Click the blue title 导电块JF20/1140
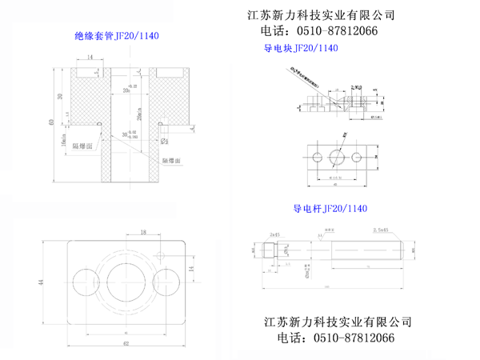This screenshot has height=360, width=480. (301, 49)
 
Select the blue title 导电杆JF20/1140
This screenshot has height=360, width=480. (330, 209)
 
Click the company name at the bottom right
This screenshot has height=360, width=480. (338, 322)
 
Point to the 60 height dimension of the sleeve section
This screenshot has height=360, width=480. (52, 122)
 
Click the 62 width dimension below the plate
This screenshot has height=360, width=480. (125, 343)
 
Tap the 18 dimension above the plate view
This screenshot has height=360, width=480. (143, 233)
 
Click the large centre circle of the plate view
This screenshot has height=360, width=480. (126, 280)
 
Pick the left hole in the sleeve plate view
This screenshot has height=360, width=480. (85, 282)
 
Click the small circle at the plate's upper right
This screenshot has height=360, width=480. (162, 255)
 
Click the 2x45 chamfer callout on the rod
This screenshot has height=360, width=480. (275, 234)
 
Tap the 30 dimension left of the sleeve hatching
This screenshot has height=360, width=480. (60, 96)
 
